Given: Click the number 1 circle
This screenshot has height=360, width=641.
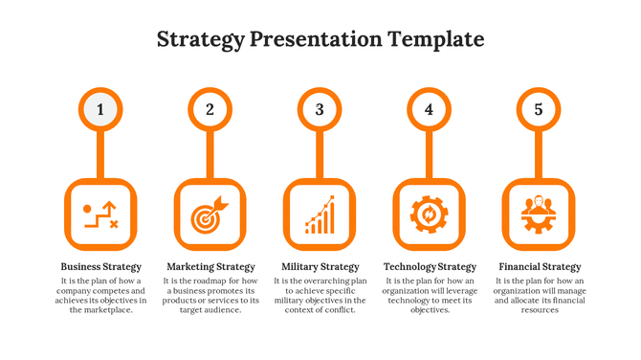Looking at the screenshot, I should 100,109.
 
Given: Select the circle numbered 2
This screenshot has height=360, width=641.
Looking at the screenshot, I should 210,109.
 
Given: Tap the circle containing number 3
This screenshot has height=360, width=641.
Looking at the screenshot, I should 320,109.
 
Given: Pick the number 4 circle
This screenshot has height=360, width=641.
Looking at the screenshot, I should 430,109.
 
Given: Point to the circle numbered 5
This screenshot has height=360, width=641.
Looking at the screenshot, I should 539,109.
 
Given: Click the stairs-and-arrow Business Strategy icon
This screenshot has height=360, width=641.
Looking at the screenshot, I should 100,214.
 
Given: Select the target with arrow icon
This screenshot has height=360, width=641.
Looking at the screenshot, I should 210,214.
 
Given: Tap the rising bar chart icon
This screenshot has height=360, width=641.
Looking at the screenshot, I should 320,214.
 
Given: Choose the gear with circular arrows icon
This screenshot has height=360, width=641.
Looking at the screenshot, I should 430,214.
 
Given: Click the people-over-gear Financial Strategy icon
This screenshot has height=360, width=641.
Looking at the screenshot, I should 539,214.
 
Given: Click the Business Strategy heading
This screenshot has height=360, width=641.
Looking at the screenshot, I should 100,266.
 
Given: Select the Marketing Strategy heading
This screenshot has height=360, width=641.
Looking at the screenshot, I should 210,266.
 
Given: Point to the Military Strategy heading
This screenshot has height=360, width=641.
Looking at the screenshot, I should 320,266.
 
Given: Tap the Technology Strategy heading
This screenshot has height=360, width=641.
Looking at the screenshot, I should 430,266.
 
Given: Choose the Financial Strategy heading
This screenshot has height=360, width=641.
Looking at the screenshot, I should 540,266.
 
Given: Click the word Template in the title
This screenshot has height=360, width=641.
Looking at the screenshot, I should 435,39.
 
